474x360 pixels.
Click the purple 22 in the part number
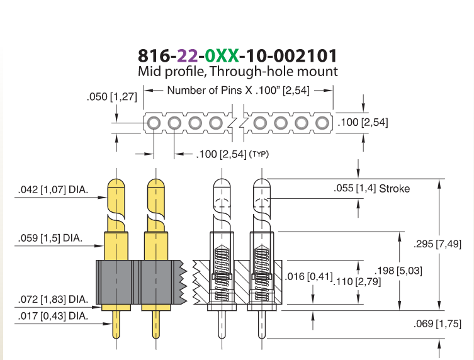(x=188, y=55)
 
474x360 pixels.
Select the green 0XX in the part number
(x=222, y=55)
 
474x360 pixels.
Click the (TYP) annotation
(x=259, y=154)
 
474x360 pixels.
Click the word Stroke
(x=395, y=189)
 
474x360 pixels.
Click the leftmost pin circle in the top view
(x=154, y=123)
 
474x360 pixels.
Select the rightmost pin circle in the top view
(x=322, y=123)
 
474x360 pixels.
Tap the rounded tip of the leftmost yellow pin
(x=116, y=183)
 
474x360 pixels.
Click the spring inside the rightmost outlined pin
(x=262, y=272)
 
